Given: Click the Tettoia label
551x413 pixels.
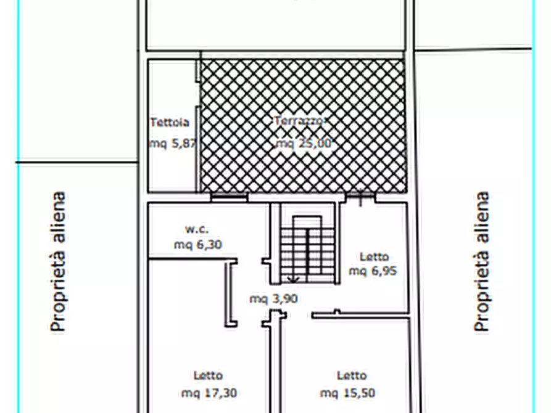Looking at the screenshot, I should pyautogui.click(x=169, y=122).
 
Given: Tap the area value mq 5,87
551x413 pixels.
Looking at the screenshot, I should pyautogui.click(x=172, y=143).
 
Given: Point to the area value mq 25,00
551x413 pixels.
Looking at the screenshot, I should pyautogui.click(x=304, y=143).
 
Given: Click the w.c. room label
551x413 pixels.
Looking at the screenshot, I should pyautogui.click(x=197, y=229).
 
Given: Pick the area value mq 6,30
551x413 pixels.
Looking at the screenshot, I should pyautogui.click(x=197, y=245).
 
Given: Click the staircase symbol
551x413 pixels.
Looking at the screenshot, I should pyautogui.click(x=307, y=247).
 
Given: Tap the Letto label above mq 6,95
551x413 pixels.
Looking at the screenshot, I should pyautogui.click(x=374, y=256).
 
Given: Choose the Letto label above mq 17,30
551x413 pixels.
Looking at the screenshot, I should pyautogui.click(x=208, y=375).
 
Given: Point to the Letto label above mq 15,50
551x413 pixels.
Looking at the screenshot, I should pyautogui.click(x=352, y=375).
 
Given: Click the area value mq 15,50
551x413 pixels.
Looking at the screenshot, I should pyautogui.click(x=347, y=393).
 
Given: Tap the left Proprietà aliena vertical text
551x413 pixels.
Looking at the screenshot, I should pyautogui.click(x=58, y=262).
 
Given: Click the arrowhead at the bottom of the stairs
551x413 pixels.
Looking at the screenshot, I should pyautogui.click(x=293, y=280).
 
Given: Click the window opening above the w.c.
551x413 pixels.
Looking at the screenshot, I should pyautogui.click(x=229, y=197).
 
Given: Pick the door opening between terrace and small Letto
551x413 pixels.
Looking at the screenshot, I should pyautogui.click(x=360, y=197).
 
